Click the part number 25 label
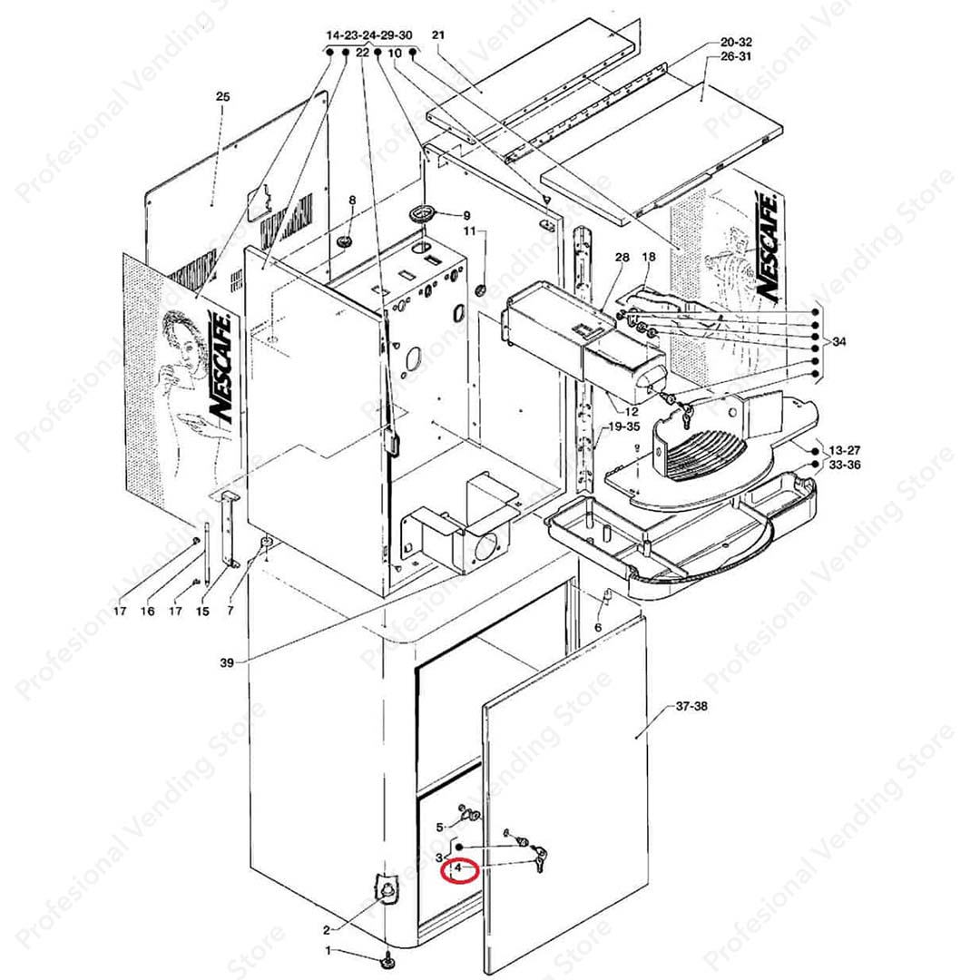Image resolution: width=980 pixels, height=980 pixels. click(222, 96)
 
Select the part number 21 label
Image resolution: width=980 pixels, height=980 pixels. click(438, 35)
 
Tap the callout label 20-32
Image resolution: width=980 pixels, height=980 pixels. click(736, 42)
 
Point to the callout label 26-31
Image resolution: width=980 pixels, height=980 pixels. click(736, 56)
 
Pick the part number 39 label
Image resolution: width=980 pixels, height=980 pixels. click(227, 661)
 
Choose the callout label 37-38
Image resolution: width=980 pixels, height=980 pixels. click(691, 706)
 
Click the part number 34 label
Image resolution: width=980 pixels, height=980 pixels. click(838, 342)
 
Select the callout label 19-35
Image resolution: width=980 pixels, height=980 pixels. click(623, 427)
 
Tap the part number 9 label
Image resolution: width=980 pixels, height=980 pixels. click(466, 216)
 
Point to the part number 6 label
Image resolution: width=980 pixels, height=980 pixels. click(598, 627)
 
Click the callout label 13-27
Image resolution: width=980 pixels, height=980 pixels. click(845, 450)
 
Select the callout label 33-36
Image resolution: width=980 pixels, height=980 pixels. click(845, 465)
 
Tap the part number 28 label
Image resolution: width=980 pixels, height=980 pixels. click(622, 257)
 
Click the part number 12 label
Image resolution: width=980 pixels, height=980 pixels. click(632, 411)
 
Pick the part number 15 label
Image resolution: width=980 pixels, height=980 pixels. click(202, 612)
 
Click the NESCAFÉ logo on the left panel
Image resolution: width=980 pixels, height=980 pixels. click(220, 367)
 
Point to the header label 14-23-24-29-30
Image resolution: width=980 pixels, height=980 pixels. click(369, 35)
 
